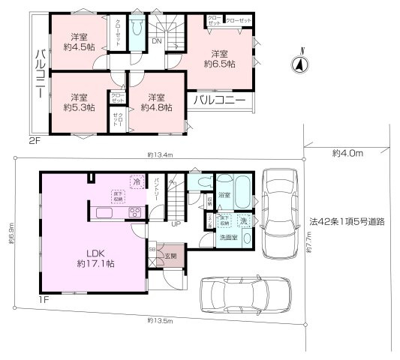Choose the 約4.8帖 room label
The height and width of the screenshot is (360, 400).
click(156, 102)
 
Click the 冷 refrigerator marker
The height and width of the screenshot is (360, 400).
click(137, 181)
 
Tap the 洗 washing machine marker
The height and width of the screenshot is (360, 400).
click(243, 221)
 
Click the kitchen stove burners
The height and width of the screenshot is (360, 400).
click(135, 211)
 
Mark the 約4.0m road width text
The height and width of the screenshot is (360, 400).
click(347, 153)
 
